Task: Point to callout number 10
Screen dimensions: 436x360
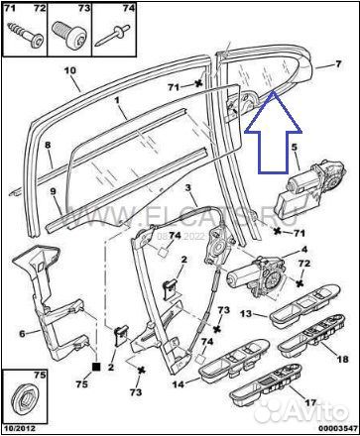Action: [69, 71]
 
